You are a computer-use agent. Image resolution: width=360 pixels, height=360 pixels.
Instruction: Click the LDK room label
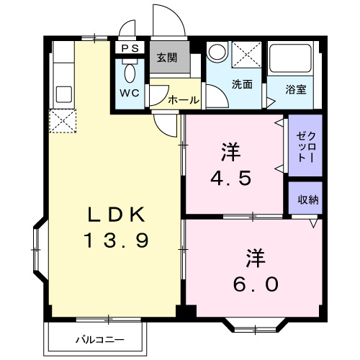(118, 214)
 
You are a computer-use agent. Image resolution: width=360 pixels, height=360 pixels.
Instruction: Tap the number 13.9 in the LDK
(118, 240)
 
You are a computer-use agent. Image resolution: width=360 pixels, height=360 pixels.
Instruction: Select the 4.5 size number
(230, 177)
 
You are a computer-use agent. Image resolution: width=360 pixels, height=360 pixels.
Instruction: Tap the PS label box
(131, 48)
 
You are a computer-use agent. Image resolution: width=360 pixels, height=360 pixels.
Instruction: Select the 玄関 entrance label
(168, 58)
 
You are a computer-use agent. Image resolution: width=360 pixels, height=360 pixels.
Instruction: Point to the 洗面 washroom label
(241, 84)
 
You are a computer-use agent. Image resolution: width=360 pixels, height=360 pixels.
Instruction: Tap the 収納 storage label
(300, 199)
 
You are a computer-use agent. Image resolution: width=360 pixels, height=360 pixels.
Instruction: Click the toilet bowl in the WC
(130, 73)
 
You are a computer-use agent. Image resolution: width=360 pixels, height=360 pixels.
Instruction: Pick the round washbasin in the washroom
(216, 54)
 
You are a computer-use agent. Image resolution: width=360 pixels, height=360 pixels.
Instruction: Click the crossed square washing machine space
(246, 54)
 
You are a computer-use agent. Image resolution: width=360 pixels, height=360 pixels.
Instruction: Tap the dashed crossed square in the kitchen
(61, 121)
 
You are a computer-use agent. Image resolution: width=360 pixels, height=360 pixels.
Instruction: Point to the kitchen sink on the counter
(62, 94)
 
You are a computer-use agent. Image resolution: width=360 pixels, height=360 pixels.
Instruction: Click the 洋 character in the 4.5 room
(230, 153)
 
